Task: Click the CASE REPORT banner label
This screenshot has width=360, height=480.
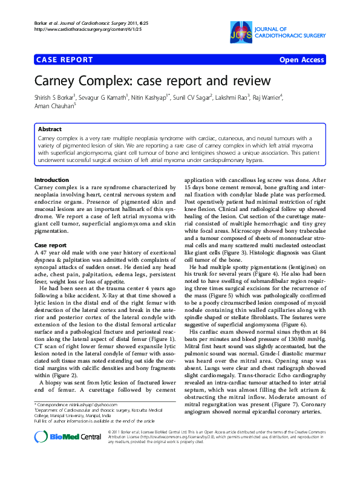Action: tap(64, 60)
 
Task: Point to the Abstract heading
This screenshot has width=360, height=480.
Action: tap(50, 129)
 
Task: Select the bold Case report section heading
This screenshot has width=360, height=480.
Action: tap(50, 245)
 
